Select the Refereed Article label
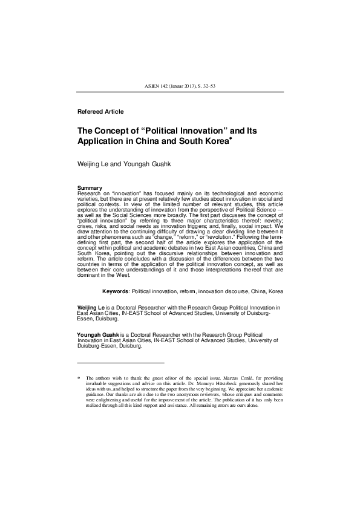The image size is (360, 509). pos(100,112)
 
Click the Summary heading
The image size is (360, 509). pos(90,188)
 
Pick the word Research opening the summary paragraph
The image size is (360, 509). pos(90,194)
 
